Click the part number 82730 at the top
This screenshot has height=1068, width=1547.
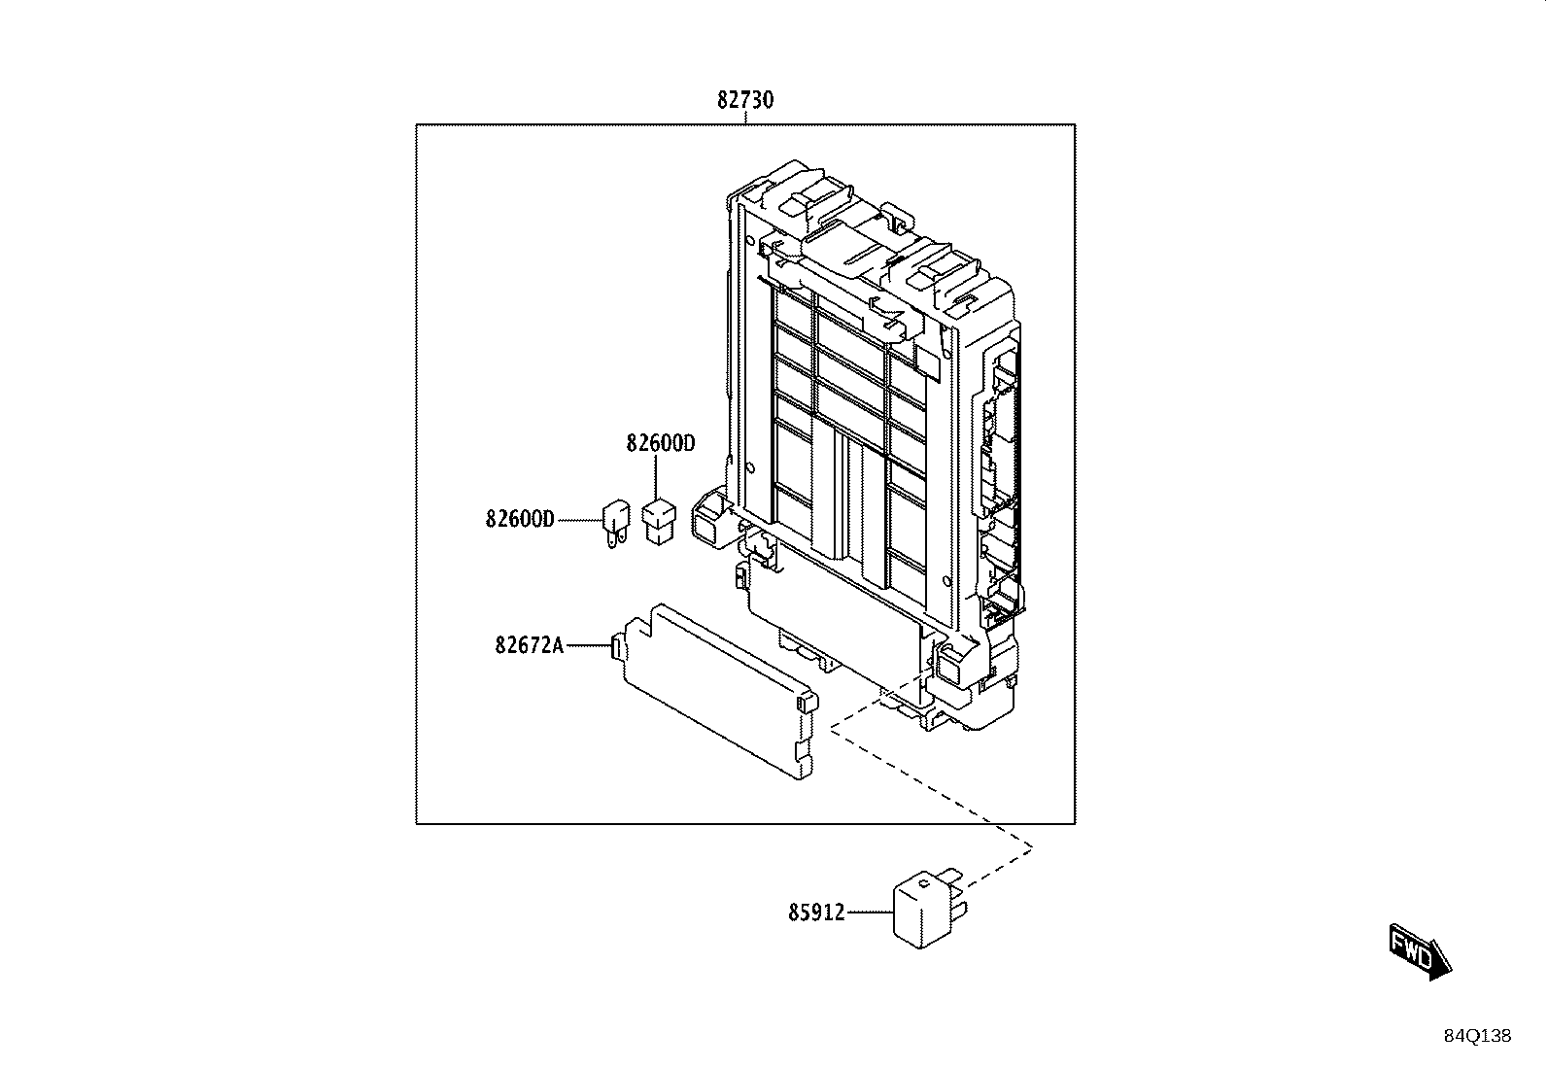(745, 100)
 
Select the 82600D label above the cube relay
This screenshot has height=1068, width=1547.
(660, 443)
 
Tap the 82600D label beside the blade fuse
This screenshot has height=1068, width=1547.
(520, 519)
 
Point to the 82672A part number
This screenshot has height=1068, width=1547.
(530, 645)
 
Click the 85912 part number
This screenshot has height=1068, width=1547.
(817, 913)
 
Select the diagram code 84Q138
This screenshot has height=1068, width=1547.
(1477, 1036)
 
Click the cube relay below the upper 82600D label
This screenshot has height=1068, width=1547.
(659, 522)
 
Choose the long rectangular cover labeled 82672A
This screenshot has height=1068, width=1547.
(718, 691)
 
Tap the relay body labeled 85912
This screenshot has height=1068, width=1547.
(922, 909)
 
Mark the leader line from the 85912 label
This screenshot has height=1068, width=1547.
(870, 913)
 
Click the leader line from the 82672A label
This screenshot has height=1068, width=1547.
(589, 645)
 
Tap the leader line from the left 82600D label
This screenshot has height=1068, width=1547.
(580, 520)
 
